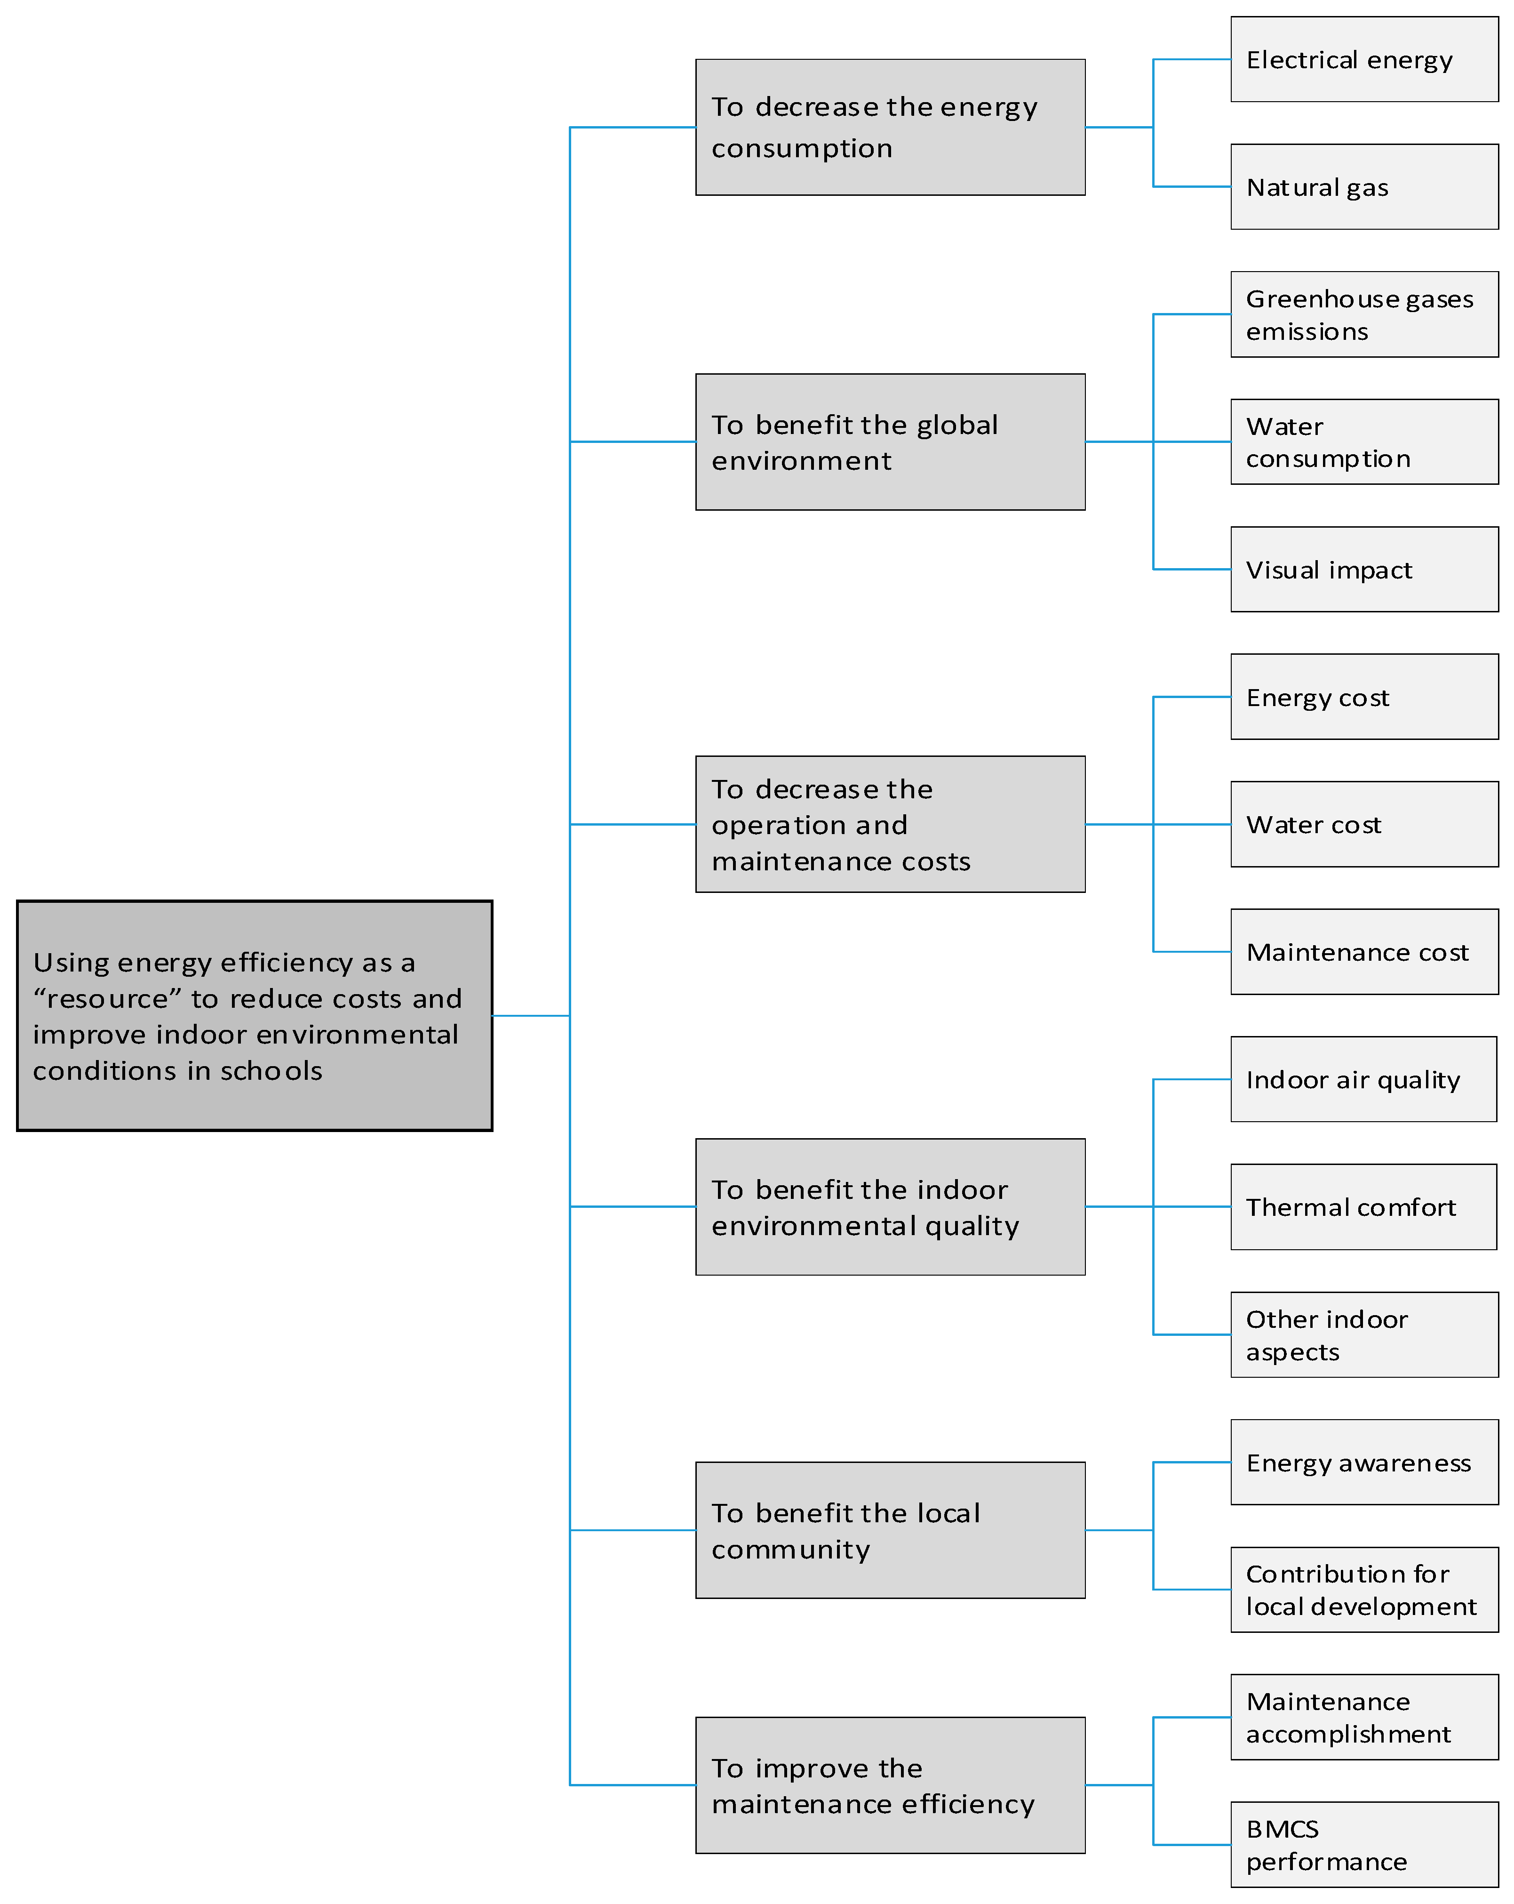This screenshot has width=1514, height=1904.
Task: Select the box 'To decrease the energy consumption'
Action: point(889,127)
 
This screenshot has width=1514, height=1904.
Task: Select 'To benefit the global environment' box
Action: point(889,442)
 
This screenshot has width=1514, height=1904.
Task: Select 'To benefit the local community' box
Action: point(889,1530)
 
